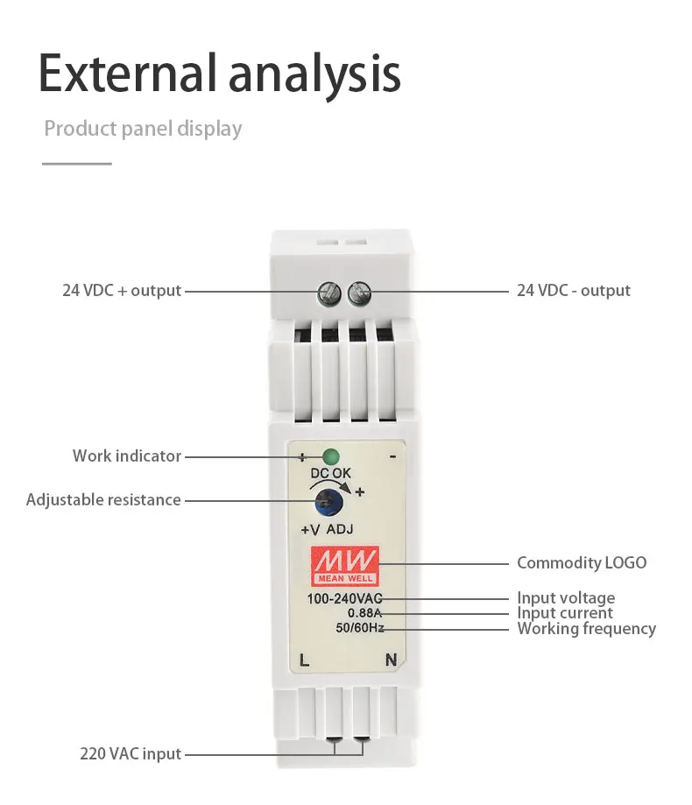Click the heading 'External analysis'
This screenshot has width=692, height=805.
coord(219,74)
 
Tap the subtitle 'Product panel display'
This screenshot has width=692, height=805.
coord(143,129)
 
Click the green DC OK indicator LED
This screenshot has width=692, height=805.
coord(331,455)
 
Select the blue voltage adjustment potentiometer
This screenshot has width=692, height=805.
coord(329,502)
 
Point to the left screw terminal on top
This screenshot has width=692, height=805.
coord(330,292)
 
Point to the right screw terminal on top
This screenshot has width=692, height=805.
coord(358,292)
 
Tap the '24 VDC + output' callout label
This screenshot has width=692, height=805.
coord(122,290)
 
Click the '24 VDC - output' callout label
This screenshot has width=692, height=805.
coord(573,290)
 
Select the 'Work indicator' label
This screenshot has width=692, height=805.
coord(127,455)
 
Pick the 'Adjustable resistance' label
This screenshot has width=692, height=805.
coord(103,500)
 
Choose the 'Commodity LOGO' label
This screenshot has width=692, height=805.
coord(582,562)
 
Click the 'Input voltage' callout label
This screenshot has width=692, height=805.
coord(566,598)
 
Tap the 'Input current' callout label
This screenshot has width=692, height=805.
coord(565,613)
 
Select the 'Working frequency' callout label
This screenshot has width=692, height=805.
coord(586,628)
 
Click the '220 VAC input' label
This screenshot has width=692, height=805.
coord(131,753)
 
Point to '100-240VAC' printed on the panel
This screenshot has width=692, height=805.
coord(344,599)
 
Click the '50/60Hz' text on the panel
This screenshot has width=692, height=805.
coord(359,627)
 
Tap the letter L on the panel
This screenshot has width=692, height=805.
coord(304,660)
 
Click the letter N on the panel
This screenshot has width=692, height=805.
coord(391,660)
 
